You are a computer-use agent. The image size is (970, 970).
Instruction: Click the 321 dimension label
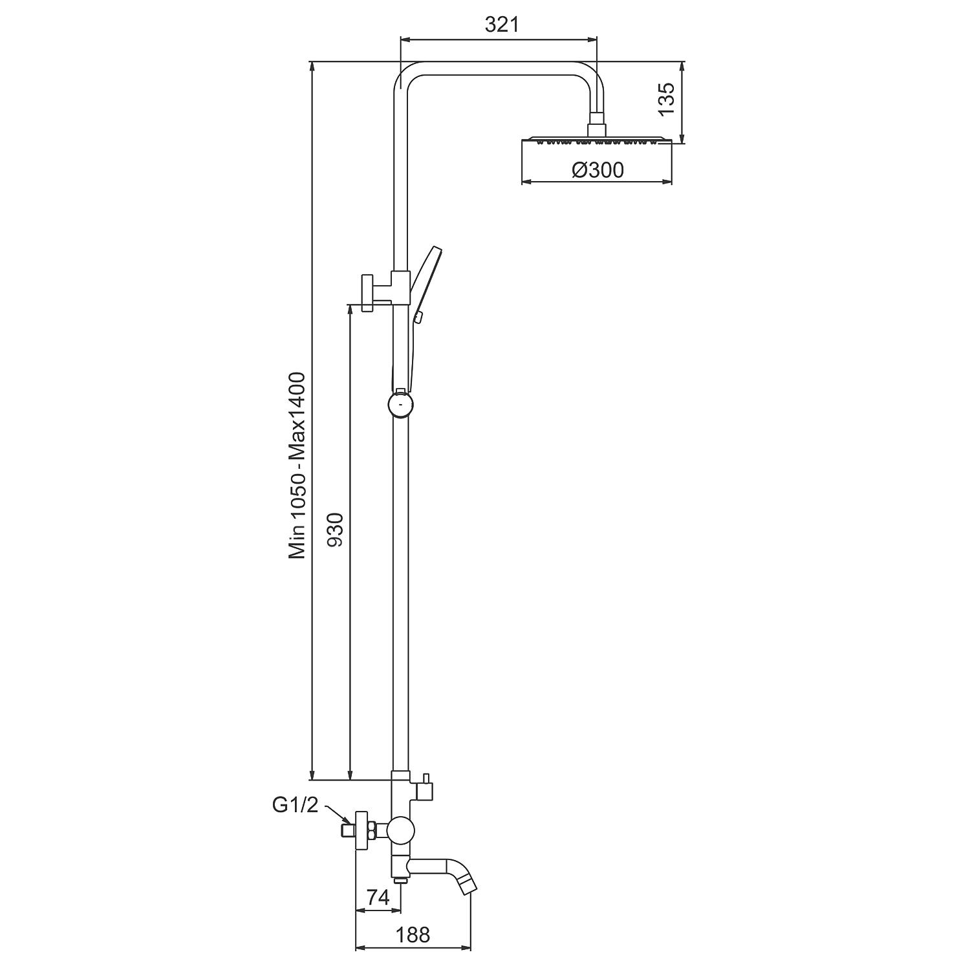502,25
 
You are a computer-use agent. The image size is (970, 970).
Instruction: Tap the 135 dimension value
666,99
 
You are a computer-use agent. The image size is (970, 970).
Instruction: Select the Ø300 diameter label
598,170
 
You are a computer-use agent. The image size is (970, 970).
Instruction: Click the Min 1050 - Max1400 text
297,466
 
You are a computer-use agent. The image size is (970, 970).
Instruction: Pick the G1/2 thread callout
296,805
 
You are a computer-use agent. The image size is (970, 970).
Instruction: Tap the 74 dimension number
378,897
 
